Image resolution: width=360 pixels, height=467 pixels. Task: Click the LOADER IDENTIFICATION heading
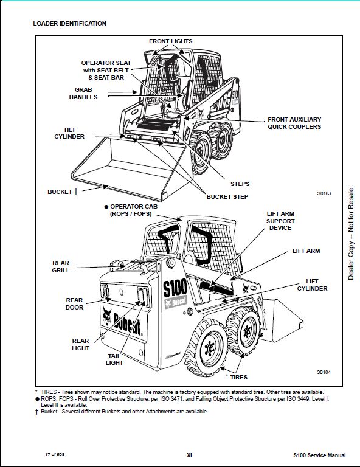click(x=70, y=24)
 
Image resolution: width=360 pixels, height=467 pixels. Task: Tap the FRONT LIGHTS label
click(x=171, y=41)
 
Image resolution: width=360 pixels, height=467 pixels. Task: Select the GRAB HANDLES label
click(x=83, y=93)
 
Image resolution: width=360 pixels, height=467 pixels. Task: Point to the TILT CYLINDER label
click(x=69, y=133)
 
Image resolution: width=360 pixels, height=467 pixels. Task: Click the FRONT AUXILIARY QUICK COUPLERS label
click(x=294, y=123)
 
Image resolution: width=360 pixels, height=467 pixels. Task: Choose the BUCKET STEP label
click(x=227, y=196)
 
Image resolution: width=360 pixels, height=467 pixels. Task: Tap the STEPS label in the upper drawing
click(x=240, y=184)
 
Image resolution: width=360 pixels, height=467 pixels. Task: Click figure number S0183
click(x=324, y=193)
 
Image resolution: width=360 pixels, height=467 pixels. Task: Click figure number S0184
click(x=324, y=372)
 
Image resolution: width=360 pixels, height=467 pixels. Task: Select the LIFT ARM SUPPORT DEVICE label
click(x=280, y=221)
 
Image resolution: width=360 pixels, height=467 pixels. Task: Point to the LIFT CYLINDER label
click(x=312, y=285)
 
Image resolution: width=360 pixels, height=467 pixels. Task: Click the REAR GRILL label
click(x=61, y=266)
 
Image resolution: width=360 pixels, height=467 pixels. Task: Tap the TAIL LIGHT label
click(x=114, y=359)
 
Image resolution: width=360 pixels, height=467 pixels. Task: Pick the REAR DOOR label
click(x=74, y=303)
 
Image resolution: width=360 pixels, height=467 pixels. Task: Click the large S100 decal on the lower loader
click(x=175, y=288)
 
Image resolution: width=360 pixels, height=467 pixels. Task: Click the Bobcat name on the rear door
click(x=127, y=324)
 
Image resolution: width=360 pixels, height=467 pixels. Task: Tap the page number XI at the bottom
click(x=189, y=455)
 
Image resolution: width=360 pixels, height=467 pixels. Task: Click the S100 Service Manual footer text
click(x=319, y=455)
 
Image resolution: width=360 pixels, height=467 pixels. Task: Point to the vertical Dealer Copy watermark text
click(x=351, y=233)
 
